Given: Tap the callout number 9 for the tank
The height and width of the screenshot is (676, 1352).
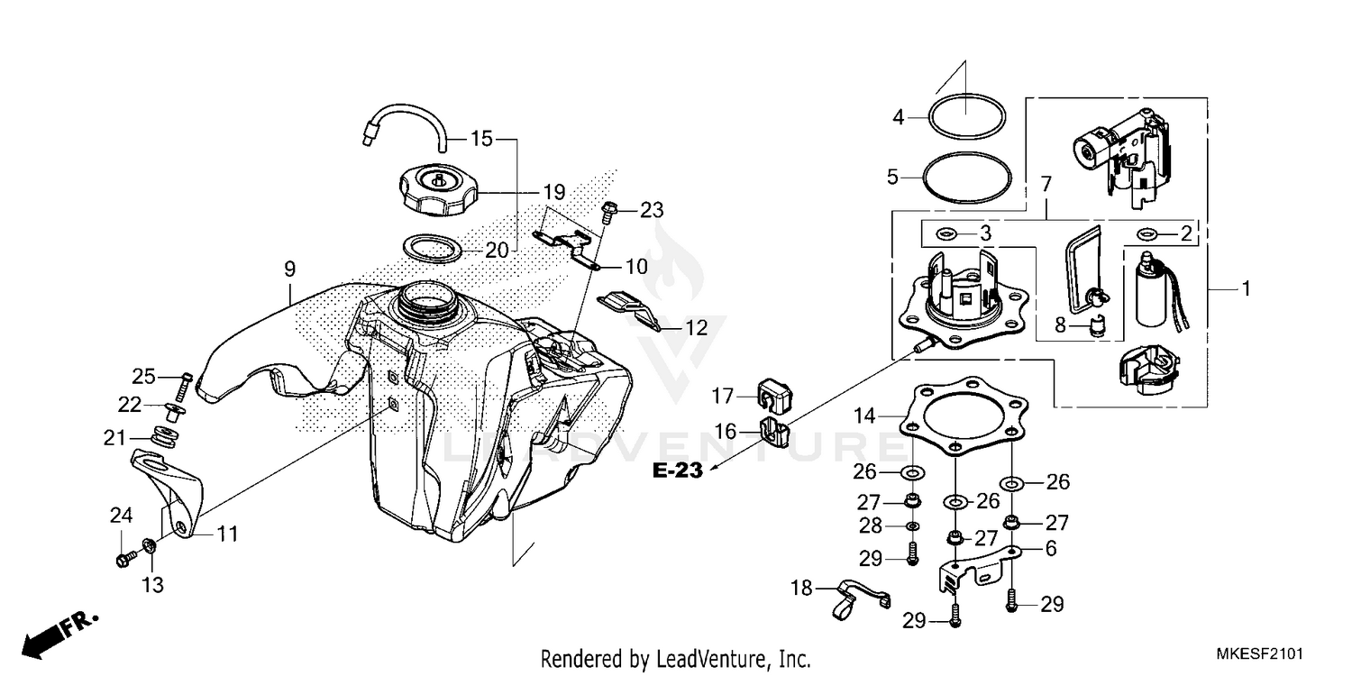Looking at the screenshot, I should (289, 269).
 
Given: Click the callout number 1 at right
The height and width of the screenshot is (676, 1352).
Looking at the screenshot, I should (1246, 289).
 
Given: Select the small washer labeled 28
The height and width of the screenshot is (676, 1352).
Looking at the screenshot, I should (911, 526).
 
